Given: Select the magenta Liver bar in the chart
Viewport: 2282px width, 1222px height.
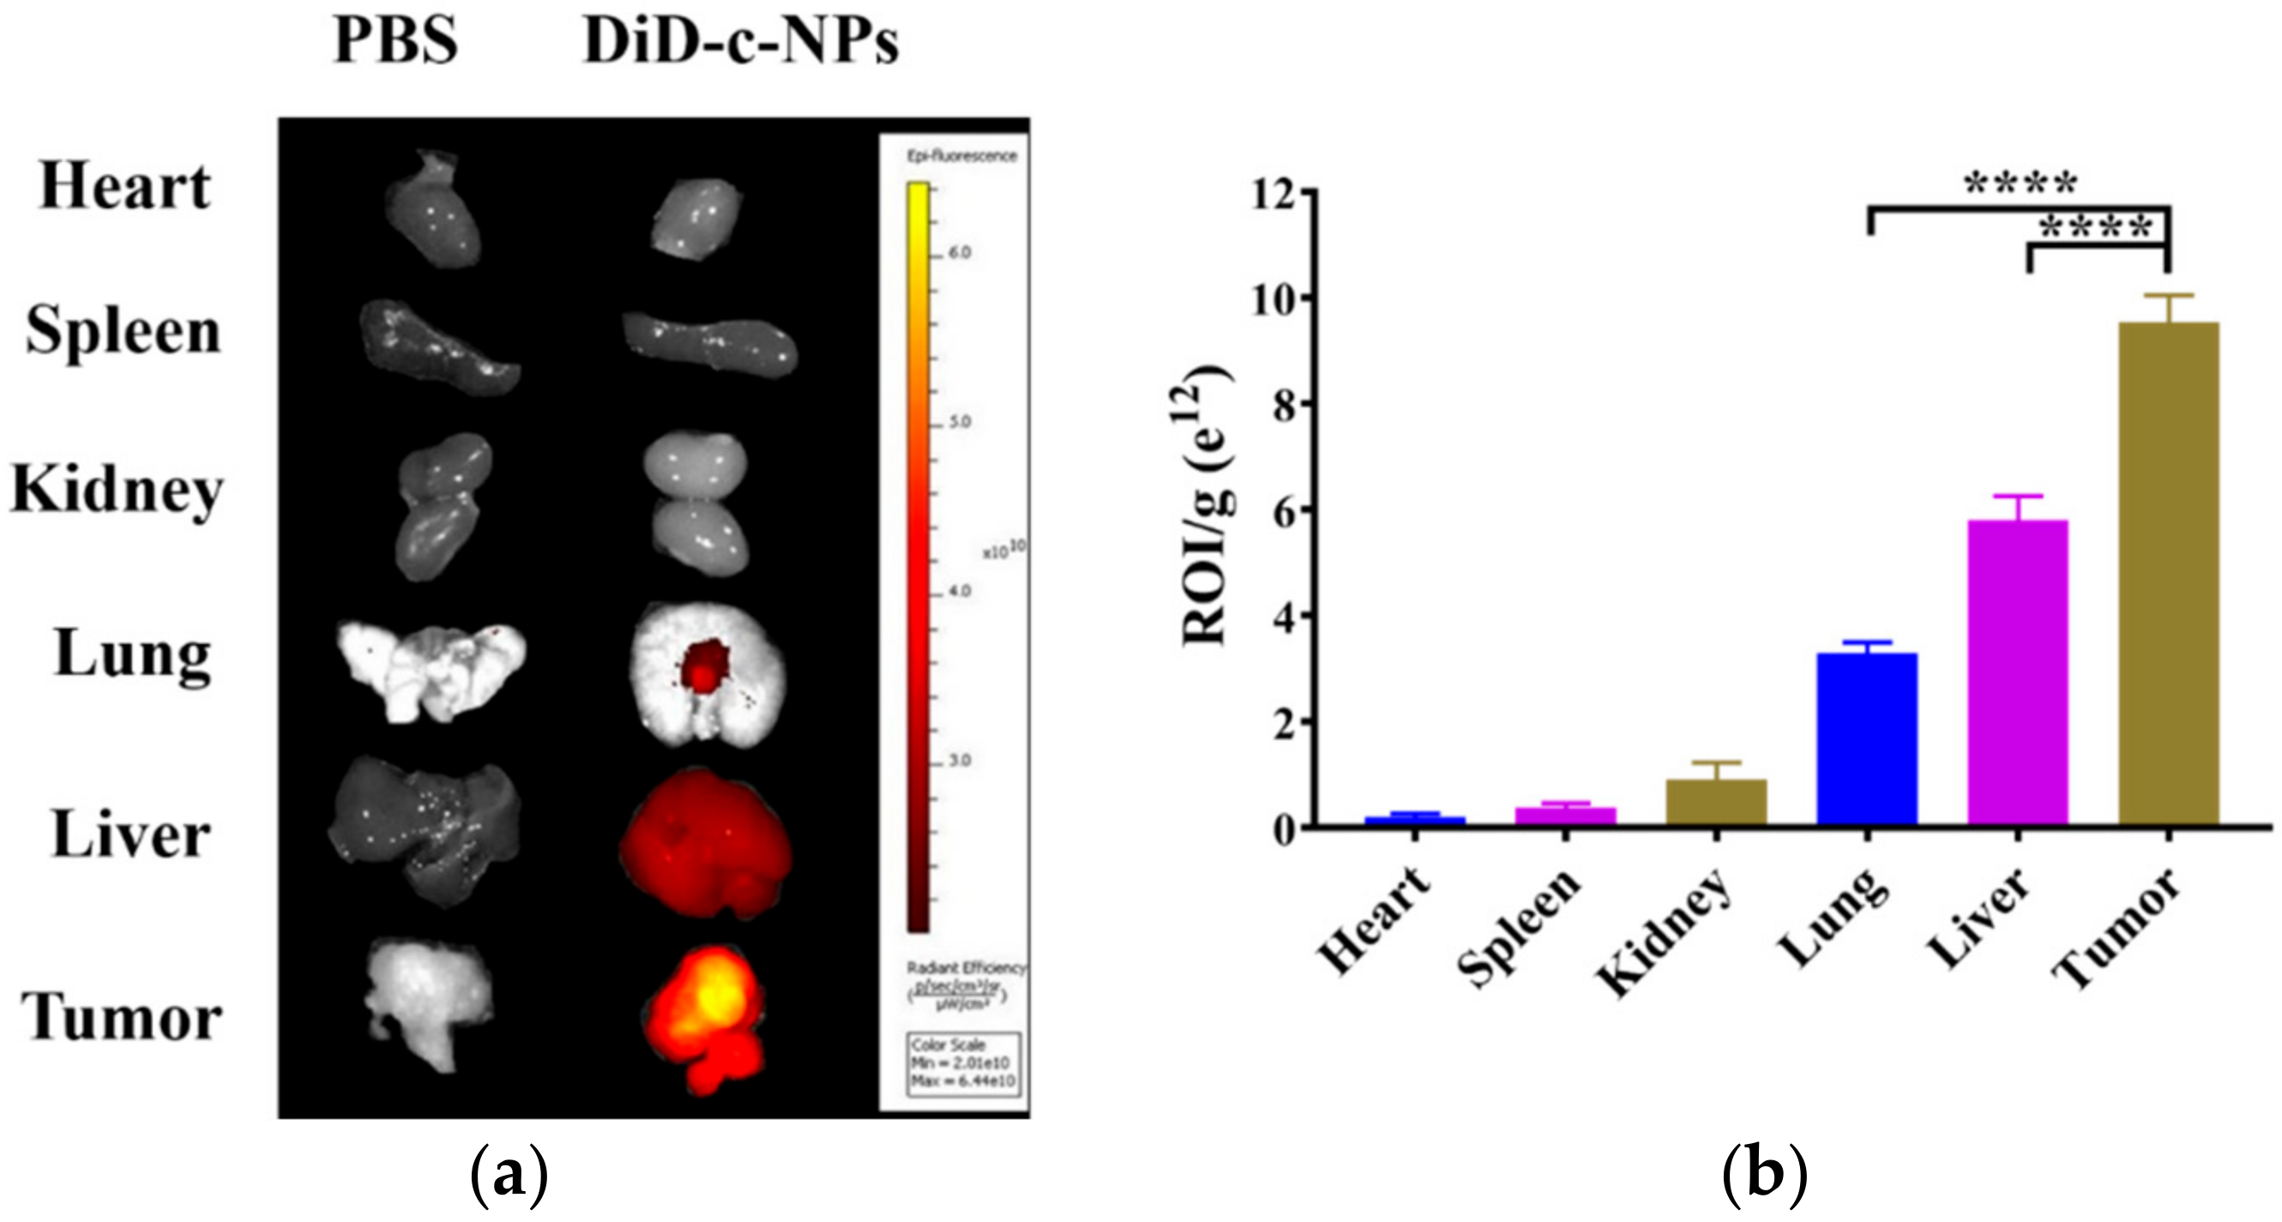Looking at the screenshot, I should (2017, 673).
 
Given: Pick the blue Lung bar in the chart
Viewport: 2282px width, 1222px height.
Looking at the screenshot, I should (1867, 740).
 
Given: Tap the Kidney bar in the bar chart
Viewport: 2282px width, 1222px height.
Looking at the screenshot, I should (1716, 803).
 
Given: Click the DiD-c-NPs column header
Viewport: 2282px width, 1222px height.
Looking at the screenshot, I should (741, 42).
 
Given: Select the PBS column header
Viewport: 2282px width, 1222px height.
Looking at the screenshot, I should (395, 42).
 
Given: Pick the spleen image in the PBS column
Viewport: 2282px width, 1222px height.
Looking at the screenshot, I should (437, 346).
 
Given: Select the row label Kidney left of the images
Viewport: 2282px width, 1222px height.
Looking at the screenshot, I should (117, 490).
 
